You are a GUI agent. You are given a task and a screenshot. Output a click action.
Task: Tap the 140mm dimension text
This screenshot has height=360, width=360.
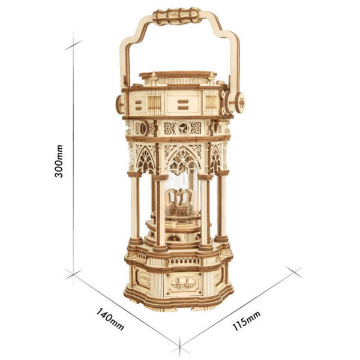pos(109,319)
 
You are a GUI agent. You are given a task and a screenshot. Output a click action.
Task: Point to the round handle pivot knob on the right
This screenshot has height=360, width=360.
pos(239,102)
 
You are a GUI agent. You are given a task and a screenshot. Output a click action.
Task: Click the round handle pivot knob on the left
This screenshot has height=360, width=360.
pos(119,104)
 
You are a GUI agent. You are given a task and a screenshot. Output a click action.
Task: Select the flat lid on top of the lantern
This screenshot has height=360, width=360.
pos(177,77)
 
